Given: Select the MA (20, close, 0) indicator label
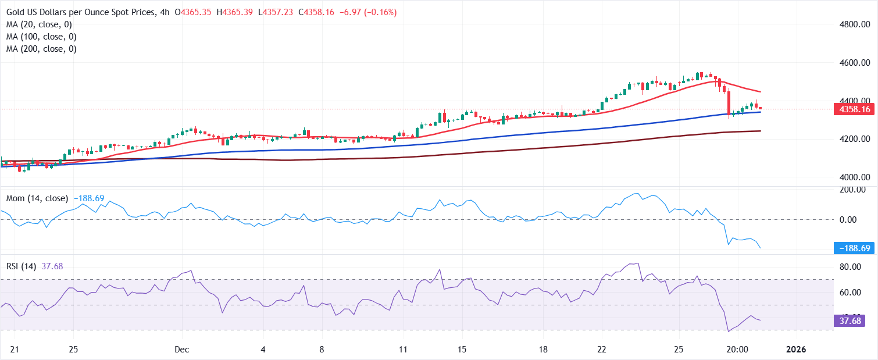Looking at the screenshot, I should point(38,24).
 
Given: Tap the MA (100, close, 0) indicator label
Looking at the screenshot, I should point(41,37).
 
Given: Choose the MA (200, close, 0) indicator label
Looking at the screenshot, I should point(41,49).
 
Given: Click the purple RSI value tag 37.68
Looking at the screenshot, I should point(850,320).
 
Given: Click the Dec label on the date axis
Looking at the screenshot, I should point(182,349).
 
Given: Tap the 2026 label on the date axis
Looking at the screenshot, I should point(795,349).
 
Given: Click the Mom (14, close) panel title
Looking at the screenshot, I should point(37,198).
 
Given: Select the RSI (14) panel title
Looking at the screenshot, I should point(21,266).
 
